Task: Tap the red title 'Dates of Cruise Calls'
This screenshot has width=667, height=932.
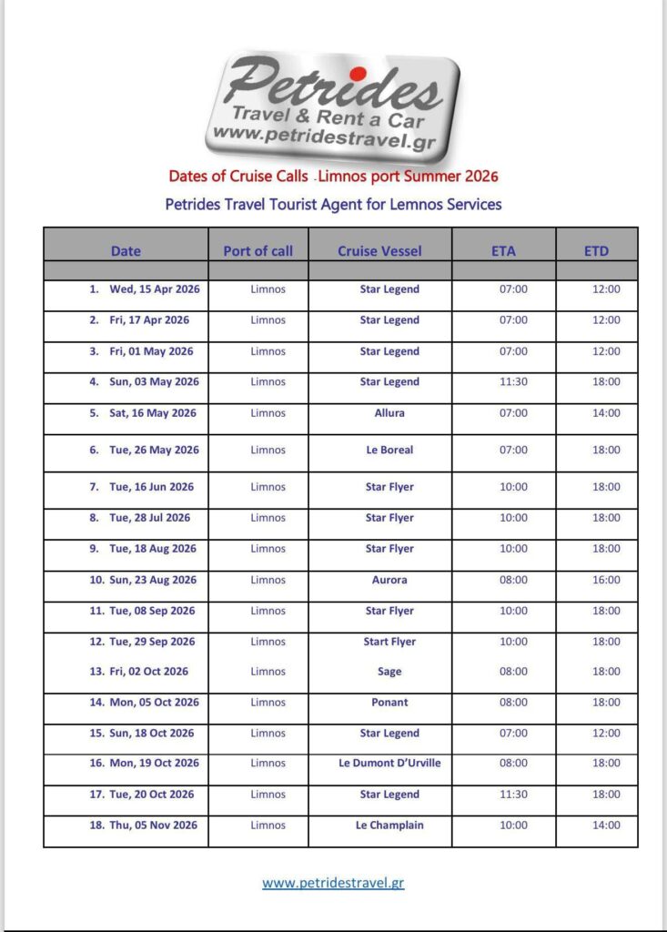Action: pos(237,176)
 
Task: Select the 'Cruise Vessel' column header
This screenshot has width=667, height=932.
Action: pos(379,250)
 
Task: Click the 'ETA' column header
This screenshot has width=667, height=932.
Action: pos(503,250)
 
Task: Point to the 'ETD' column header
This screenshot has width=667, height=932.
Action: pos(596,250)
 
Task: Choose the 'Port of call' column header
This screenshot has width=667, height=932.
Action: pos(258,250)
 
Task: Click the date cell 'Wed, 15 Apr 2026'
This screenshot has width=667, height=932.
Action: pos(154,289)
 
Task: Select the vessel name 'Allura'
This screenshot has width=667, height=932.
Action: pos(389,413)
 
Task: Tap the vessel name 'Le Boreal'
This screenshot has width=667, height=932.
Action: pos(389,450)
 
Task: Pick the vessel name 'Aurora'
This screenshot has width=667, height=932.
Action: pos(389,580)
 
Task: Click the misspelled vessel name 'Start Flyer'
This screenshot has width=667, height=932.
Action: pos(389,642)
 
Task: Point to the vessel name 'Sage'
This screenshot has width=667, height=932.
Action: pos(389,672)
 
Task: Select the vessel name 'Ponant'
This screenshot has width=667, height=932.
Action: pos(389,703)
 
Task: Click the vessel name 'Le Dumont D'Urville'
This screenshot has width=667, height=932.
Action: pos(389,764)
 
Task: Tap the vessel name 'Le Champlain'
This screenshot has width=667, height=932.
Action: pos(389,826)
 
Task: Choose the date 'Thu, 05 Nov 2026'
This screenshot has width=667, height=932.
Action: pos(153,826)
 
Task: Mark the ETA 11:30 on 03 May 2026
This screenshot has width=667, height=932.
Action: pos(513,382)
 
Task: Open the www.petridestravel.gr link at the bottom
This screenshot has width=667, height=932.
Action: pos(332,883)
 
